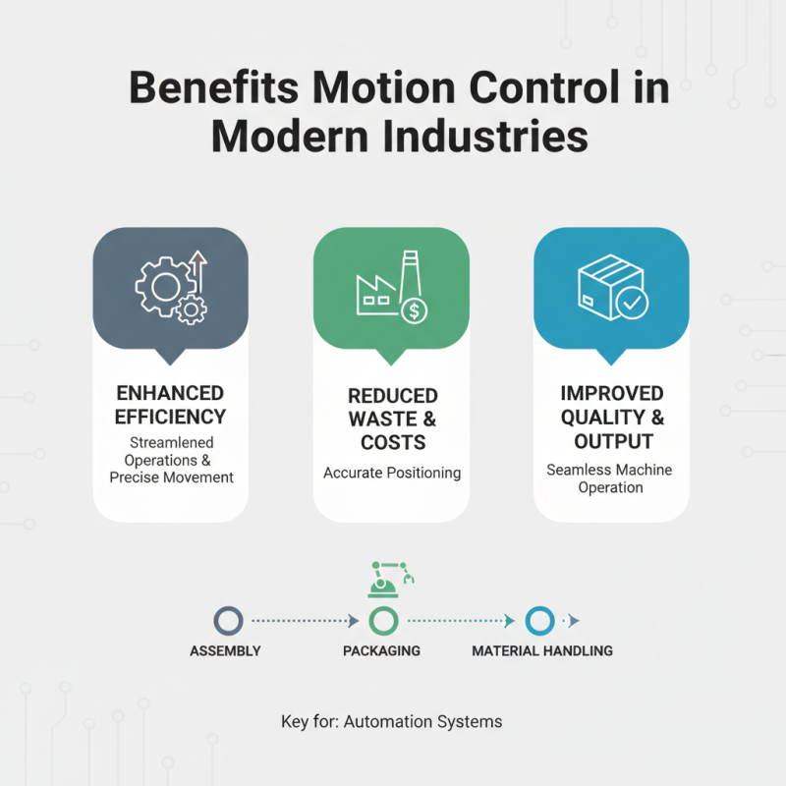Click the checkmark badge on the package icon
tap(631, 306)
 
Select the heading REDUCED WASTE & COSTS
tap(392, 419)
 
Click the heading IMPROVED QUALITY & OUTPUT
tap(611, 417)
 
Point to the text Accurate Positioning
tap(392, 474)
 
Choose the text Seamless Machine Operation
tap(610, 478)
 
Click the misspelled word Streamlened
tap(171, 443)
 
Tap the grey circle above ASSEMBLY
tap(228, 621)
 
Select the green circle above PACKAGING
tap(382, 621)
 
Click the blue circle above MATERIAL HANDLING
tap(539, 621)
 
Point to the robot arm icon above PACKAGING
tap(390, 579)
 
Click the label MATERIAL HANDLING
tap(542, 651)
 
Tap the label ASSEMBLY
tap(225, 651)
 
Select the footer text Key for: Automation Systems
tap(391, 722)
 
